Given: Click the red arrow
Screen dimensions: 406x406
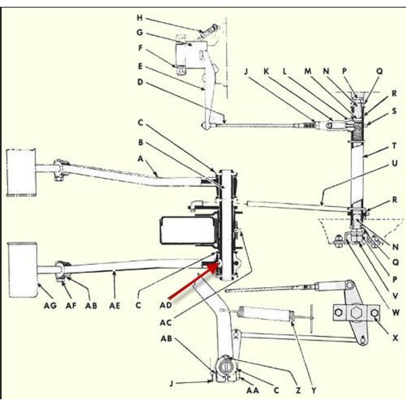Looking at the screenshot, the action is pos(193,282).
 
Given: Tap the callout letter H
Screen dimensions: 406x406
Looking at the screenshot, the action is pos(139,18).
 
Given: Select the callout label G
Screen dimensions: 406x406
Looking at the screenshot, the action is pos(139,32).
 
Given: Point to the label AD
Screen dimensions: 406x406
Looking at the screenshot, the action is pos(166,305).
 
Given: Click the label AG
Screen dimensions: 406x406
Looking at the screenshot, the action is pos(50,306).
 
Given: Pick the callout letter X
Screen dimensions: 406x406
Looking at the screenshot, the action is pos(395,338).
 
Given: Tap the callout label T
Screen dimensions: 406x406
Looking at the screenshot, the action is pos(394,146).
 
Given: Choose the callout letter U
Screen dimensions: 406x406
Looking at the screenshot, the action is pos(394,163).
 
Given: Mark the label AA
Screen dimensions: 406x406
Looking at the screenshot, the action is pos(252,390).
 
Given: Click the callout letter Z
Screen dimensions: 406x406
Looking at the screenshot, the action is pos(298,390).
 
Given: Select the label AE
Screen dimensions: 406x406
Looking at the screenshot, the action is pos(114,306).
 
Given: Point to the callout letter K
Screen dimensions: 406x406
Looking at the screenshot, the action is pos(266,71).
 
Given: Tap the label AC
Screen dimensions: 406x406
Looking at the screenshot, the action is pos(166,323).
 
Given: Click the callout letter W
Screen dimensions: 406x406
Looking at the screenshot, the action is pos(395,313).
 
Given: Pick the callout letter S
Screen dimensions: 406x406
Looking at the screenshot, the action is pos(394,112).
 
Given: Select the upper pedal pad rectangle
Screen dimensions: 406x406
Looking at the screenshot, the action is pos(21,173).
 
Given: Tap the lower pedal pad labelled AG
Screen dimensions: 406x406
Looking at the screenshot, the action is pos(22,270).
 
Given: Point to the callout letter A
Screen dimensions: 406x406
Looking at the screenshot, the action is pos(140,158).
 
